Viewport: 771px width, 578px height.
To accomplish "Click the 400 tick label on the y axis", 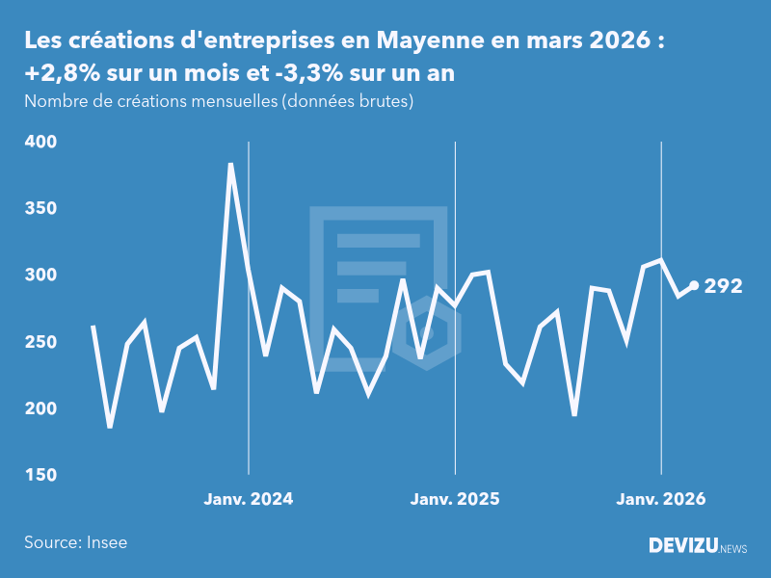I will click(40, 142).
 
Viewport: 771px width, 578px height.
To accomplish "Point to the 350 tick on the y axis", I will click(40, 209).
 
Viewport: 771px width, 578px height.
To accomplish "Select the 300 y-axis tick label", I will click(40, 276).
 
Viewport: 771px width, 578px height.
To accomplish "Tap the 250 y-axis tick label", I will click(40, 342).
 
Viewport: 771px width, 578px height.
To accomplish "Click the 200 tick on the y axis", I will click(40, 409).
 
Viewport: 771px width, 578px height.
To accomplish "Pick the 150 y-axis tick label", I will click(40, 476).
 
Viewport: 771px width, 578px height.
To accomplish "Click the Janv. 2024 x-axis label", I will click(249, 499).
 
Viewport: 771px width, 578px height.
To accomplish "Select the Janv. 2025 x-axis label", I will click(455, 499).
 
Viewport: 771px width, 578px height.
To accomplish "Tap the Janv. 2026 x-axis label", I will click(661, 499).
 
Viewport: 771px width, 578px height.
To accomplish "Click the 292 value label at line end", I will click(723, 286).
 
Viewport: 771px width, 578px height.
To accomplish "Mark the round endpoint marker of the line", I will click(694, 285).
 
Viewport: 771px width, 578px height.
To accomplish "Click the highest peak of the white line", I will click(230, 165).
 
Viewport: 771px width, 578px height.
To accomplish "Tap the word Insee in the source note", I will click(106, 542).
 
